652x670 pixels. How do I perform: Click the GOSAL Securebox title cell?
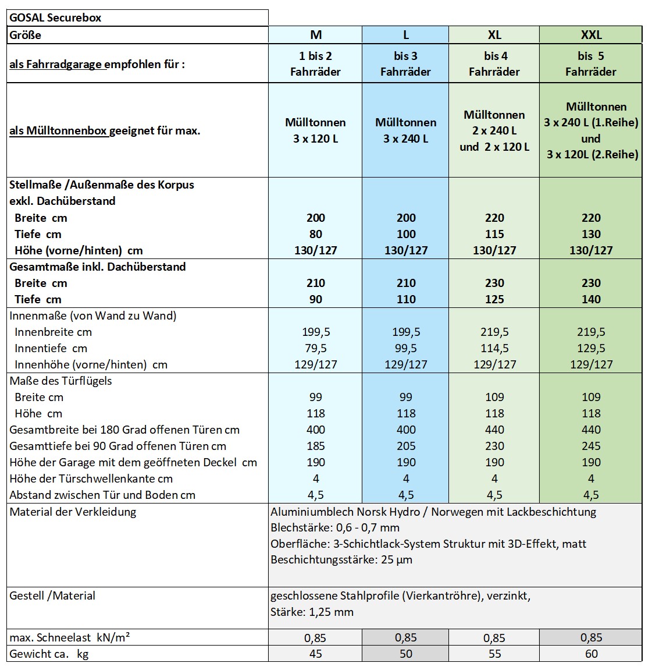coord(55,17)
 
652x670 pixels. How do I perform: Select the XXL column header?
coord(591,35)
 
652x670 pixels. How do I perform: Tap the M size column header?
coord(316,35)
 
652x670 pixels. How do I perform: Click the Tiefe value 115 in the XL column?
coord(494,234)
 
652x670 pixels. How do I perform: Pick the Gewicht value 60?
coord(591,654)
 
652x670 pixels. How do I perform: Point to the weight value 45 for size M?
coord(316,654)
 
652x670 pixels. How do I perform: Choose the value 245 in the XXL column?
coord(591,446)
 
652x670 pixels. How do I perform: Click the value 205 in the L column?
coord(405,446)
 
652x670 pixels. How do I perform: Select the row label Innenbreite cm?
coord(54,332)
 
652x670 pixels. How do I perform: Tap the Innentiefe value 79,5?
coord(316,348)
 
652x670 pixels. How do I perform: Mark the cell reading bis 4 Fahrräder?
coord(494,64)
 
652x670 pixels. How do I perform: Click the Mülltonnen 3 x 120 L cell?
coord(316,130)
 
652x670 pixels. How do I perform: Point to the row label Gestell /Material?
coord(52,595)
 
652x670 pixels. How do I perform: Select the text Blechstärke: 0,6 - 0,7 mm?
coord(335,528)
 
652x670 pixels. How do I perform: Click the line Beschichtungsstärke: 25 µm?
coord(341,560)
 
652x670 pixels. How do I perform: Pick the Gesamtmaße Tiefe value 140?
coord(591,299)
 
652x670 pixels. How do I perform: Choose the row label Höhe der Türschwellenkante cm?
coord(91,478)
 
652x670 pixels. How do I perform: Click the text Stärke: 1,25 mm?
coord(312,612)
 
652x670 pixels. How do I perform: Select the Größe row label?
coord(26,35)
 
